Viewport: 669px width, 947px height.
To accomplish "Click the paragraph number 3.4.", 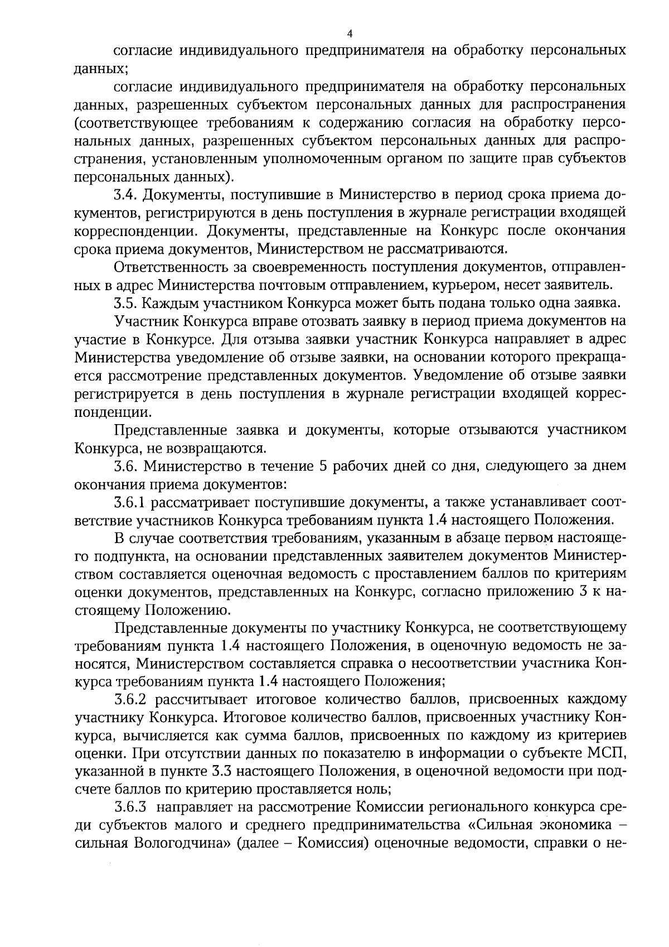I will pos(125,195).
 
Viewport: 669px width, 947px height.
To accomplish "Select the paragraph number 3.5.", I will pos(125,304).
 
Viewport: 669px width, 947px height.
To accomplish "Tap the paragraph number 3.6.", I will pos(125,465).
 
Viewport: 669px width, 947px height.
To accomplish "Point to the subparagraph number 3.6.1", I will pos(130,502).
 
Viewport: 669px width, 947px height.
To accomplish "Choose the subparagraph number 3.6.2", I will pos(130,699).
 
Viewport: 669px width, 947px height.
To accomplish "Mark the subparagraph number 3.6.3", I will pos(130,807).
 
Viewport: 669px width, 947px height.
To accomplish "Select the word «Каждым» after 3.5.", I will pos(168,304).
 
